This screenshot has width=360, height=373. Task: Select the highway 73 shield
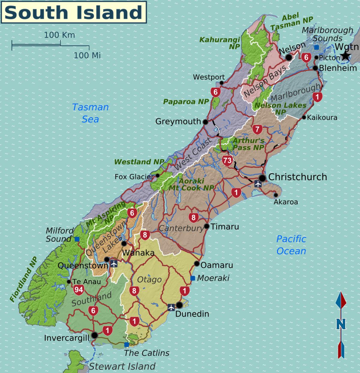(227, 160)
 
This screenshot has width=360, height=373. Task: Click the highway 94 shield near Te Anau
(79, 290)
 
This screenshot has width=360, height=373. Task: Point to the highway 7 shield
(257, 129)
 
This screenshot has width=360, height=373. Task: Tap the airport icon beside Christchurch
(257, 183)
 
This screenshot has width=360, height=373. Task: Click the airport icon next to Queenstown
(114, 264)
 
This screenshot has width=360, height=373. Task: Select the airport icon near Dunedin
(171, 307)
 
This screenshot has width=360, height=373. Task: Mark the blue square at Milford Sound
(77, 239)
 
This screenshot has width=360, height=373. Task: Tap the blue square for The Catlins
(127, 344)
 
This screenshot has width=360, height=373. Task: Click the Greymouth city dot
(205, 122)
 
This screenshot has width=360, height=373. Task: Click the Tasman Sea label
(90, 113)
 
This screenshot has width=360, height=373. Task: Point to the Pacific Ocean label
(291, 245)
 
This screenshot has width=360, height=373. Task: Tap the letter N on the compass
(340, 324)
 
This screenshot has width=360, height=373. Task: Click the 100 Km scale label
(59, 35)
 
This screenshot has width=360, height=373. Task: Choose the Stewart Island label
(122, 366)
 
